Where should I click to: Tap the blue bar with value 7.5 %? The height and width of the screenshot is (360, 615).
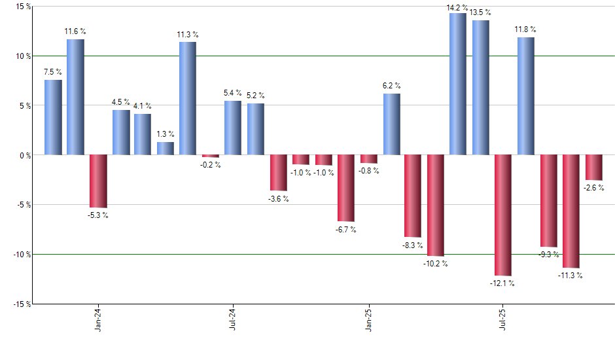53,117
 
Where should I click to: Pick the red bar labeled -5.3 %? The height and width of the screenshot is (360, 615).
98,181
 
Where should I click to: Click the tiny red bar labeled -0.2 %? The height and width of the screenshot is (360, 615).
210,156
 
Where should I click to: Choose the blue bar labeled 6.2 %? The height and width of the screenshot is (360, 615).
391,124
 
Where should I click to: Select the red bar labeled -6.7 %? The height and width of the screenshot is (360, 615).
345,188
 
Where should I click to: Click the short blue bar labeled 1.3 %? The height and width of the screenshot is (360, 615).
166,149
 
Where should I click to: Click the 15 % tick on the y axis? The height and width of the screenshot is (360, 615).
24,7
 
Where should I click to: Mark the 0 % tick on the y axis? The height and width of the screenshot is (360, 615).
25,156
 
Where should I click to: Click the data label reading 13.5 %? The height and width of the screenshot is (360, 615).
480,12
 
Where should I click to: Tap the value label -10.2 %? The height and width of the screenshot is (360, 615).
436,264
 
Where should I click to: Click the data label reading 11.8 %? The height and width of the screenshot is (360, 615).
525,29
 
